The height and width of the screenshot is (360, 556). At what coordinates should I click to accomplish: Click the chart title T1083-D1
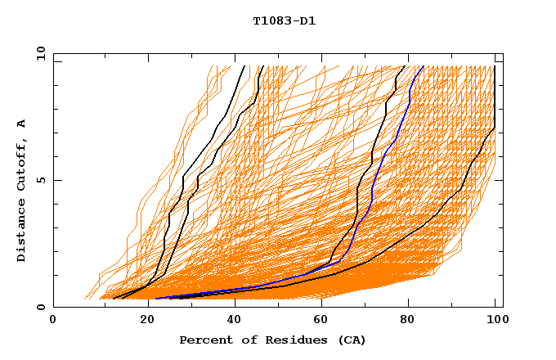pos(284,20)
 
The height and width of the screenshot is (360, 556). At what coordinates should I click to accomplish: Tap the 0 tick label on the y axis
pos(39,307)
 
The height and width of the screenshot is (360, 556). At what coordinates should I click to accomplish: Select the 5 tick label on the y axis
pos(39,180)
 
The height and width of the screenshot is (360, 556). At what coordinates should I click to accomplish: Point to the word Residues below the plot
pos(281,340)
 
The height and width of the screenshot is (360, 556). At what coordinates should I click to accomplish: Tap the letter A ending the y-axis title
pos(21,124)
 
